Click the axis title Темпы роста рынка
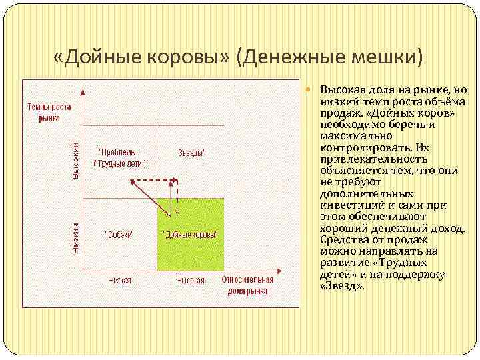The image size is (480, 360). click(49, 112)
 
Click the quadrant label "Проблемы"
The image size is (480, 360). click(119, 151)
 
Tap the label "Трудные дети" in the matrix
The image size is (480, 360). click(121, 163)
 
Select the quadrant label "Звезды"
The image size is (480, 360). click(190, 153)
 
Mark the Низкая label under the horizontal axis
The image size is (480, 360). click(120, 280)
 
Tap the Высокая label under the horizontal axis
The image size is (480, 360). click(191, 280)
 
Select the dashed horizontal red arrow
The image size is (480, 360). click(155, 180)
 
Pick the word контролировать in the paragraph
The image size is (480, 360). click(361, 148)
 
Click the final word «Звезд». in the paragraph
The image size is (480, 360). click(342, 285)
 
